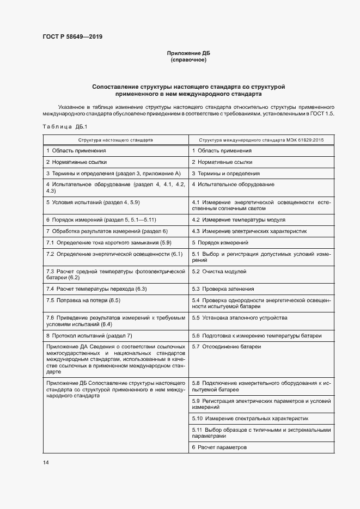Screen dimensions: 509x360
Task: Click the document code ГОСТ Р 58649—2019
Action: pos(72,38)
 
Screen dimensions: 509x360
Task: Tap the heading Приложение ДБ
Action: pos(188,53)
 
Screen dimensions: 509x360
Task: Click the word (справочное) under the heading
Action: pos(188,59)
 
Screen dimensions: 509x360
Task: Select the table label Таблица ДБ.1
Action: pos(61,127)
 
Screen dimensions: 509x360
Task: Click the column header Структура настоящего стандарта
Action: pos(115,140)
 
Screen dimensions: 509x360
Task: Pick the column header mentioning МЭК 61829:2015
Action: pos(261,140)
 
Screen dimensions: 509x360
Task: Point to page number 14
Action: pos(46,462)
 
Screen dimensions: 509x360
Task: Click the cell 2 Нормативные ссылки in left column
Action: pos(77,162)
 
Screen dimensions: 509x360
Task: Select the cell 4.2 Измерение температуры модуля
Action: pos(239,219)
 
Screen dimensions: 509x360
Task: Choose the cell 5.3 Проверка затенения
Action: pos(223,289)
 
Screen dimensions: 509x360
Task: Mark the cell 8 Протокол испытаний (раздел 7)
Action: pos(89,335)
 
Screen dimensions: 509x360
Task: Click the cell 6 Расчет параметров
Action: pos(219,447)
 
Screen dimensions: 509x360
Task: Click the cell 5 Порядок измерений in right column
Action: pos(220,242)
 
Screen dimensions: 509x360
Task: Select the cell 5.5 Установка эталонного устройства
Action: pos(240,317)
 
